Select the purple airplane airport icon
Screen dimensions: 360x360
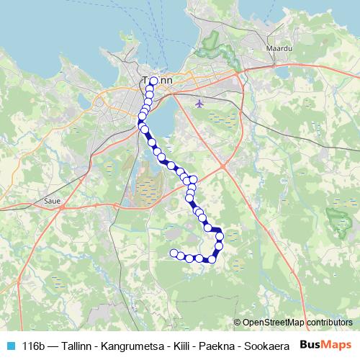pyautogui.click(x=200, y=102)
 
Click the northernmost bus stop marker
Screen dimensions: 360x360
pyautogui.click(x=153, y=81)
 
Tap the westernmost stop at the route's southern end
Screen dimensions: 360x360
pyautogui.click(x=174, y=253)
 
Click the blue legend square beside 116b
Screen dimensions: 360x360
pyautogui.click(x=10, y=345)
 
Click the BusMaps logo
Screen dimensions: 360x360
pyautogui.click(x=326, y=344)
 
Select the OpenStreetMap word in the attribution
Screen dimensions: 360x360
pyautogui.click(x=274, y=323)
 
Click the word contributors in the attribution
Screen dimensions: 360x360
pyautogui.click(x=329, y=323)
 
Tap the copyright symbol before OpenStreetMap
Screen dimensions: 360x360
pyautogui.click(x=238, y=323)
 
